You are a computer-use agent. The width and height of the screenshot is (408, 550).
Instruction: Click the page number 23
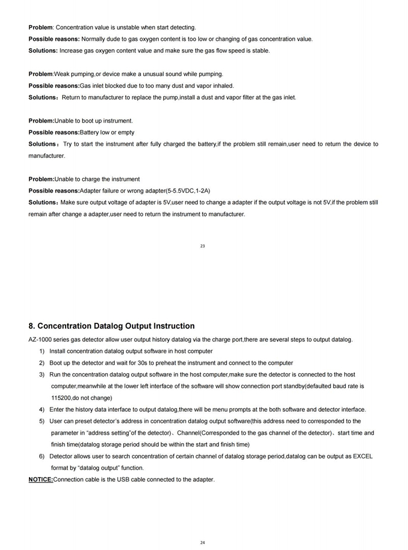(x=202, y=246)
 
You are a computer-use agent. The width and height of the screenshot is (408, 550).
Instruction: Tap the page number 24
(x=202, y=542)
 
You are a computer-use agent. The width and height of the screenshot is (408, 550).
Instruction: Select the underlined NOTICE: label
(x=40, y=480)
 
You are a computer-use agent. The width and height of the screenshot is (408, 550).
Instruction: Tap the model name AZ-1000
(x=41, y=340)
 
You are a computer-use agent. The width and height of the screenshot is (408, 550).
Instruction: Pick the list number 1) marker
(x=42, y=351)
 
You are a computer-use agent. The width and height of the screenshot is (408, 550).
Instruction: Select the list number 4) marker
(x=42, y=410)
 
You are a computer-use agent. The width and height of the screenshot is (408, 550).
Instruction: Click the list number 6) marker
(x=42, y=457)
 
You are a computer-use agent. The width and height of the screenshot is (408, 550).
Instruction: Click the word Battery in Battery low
(x=90, y=133)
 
